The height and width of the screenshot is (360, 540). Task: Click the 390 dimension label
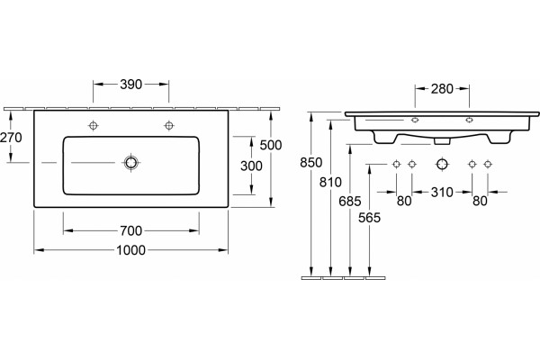130,85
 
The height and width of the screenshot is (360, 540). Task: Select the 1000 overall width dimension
130,250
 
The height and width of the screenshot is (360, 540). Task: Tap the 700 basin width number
130,230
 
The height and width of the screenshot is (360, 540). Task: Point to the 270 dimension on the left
11,138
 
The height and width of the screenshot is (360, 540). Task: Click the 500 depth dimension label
271,145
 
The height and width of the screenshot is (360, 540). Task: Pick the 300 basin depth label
251,166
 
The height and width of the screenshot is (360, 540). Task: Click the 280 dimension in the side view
442,89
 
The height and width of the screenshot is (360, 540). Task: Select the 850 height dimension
311,162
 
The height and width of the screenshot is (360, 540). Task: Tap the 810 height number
330,182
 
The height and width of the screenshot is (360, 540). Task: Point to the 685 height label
350,202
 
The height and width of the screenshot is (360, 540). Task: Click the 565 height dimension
369,218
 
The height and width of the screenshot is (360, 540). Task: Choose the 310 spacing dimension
442,193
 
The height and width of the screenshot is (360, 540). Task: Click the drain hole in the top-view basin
130,162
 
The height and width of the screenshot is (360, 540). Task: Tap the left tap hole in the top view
94,125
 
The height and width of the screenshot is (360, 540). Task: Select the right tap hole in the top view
169,125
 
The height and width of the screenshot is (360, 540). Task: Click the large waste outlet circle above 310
442,165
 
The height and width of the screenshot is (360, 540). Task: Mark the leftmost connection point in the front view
396,165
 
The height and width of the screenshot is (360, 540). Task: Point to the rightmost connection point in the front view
487,165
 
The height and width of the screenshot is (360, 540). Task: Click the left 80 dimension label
404,201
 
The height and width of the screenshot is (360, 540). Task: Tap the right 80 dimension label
480,201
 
